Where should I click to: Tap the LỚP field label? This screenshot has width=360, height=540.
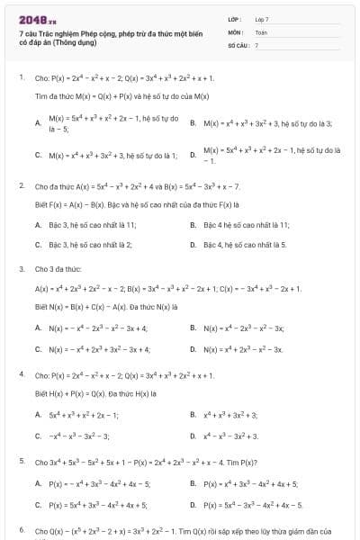(235, 19)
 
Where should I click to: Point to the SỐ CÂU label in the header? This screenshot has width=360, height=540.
(238, 44)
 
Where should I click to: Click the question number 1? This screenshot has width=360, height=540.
(21, 77)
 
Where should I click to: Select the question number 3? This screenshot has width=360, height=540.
(21, 268)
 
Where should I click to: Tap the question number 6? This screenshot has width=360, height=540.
(21, 532)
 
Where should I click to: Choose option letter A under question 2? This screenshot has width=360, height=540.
(38, 225)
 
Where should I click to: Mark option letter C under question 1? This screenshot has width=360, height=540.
(38, 155)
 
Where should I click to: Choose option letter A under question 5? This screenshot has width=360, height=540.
(38, 483)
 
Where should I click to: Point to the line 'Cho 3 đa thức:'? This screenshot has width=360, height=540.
(55, 268)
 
